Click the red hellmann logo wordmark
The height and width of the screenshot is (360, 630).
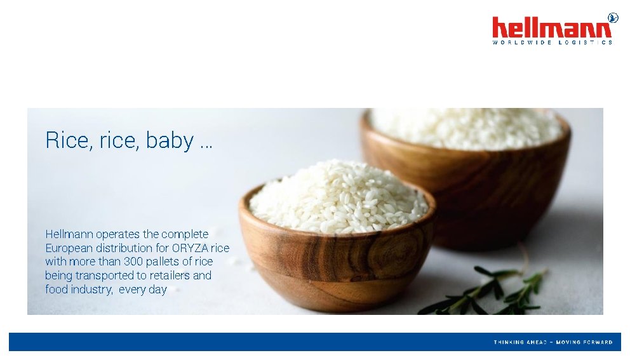[x=551, y=28]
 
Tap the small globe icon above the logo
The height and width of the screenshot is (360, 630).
[x=612, y=17]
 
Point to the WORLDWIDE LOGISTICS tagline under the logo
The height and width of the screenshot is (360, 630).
[x=552, y=43]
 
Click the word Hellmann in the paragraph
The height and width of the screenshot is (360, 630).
[x=69, y=234]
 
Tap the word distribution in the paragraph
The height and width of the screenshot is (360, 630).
[x=127, y=248]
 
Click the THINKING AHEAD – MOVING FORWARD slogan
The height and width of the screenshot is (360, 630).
[x=553, y=342]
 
